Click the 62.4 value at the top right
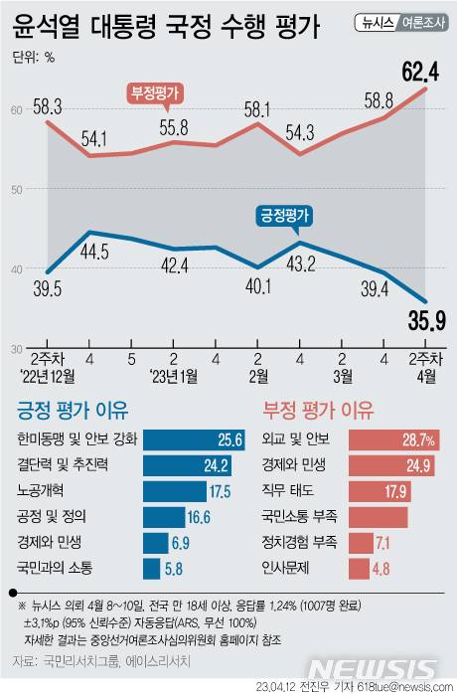pos(420,71)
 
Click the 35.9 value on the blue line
pos(420,321)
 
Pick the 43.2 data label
pos(300,262)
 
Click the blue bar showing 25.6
pos(194,438)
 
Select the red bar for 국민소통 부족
pos(377,516)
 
